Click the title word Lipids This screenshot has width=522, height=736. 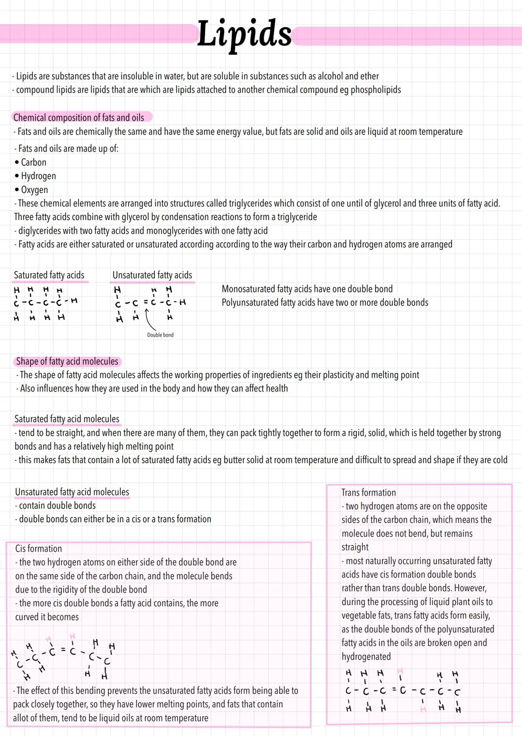coord(244,34)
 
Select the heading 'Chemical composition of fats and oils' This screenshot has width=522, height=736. coord(79,117)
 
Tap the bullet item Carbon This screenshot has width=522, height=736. coord(33,163)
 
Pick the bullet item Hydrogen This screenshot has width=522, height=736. coord(38,176)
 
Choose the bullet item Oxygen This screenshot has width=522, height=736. coord(34,190)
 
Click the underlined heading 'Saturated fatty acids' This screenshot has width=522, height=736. coord(49,275)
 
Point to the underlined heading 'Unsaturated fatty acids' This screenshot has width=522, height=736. coord(152,275)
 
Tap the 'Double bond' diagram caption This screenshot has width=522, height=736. coord(160,335)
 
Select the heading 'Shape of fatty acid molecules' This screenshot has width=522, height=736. coord(67,361)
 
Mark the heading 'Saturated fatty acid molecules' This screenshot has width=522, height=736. coord(67,419)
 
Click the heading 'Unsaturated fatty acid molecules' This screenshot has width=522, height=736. coord(72,492)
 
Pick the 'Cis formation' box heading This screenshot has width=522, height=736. coord(39,549)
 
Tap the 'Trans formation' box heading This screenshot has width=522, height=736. coord(368,493)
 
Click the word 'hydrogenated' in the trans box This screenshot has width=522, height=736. coord(366,657)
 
